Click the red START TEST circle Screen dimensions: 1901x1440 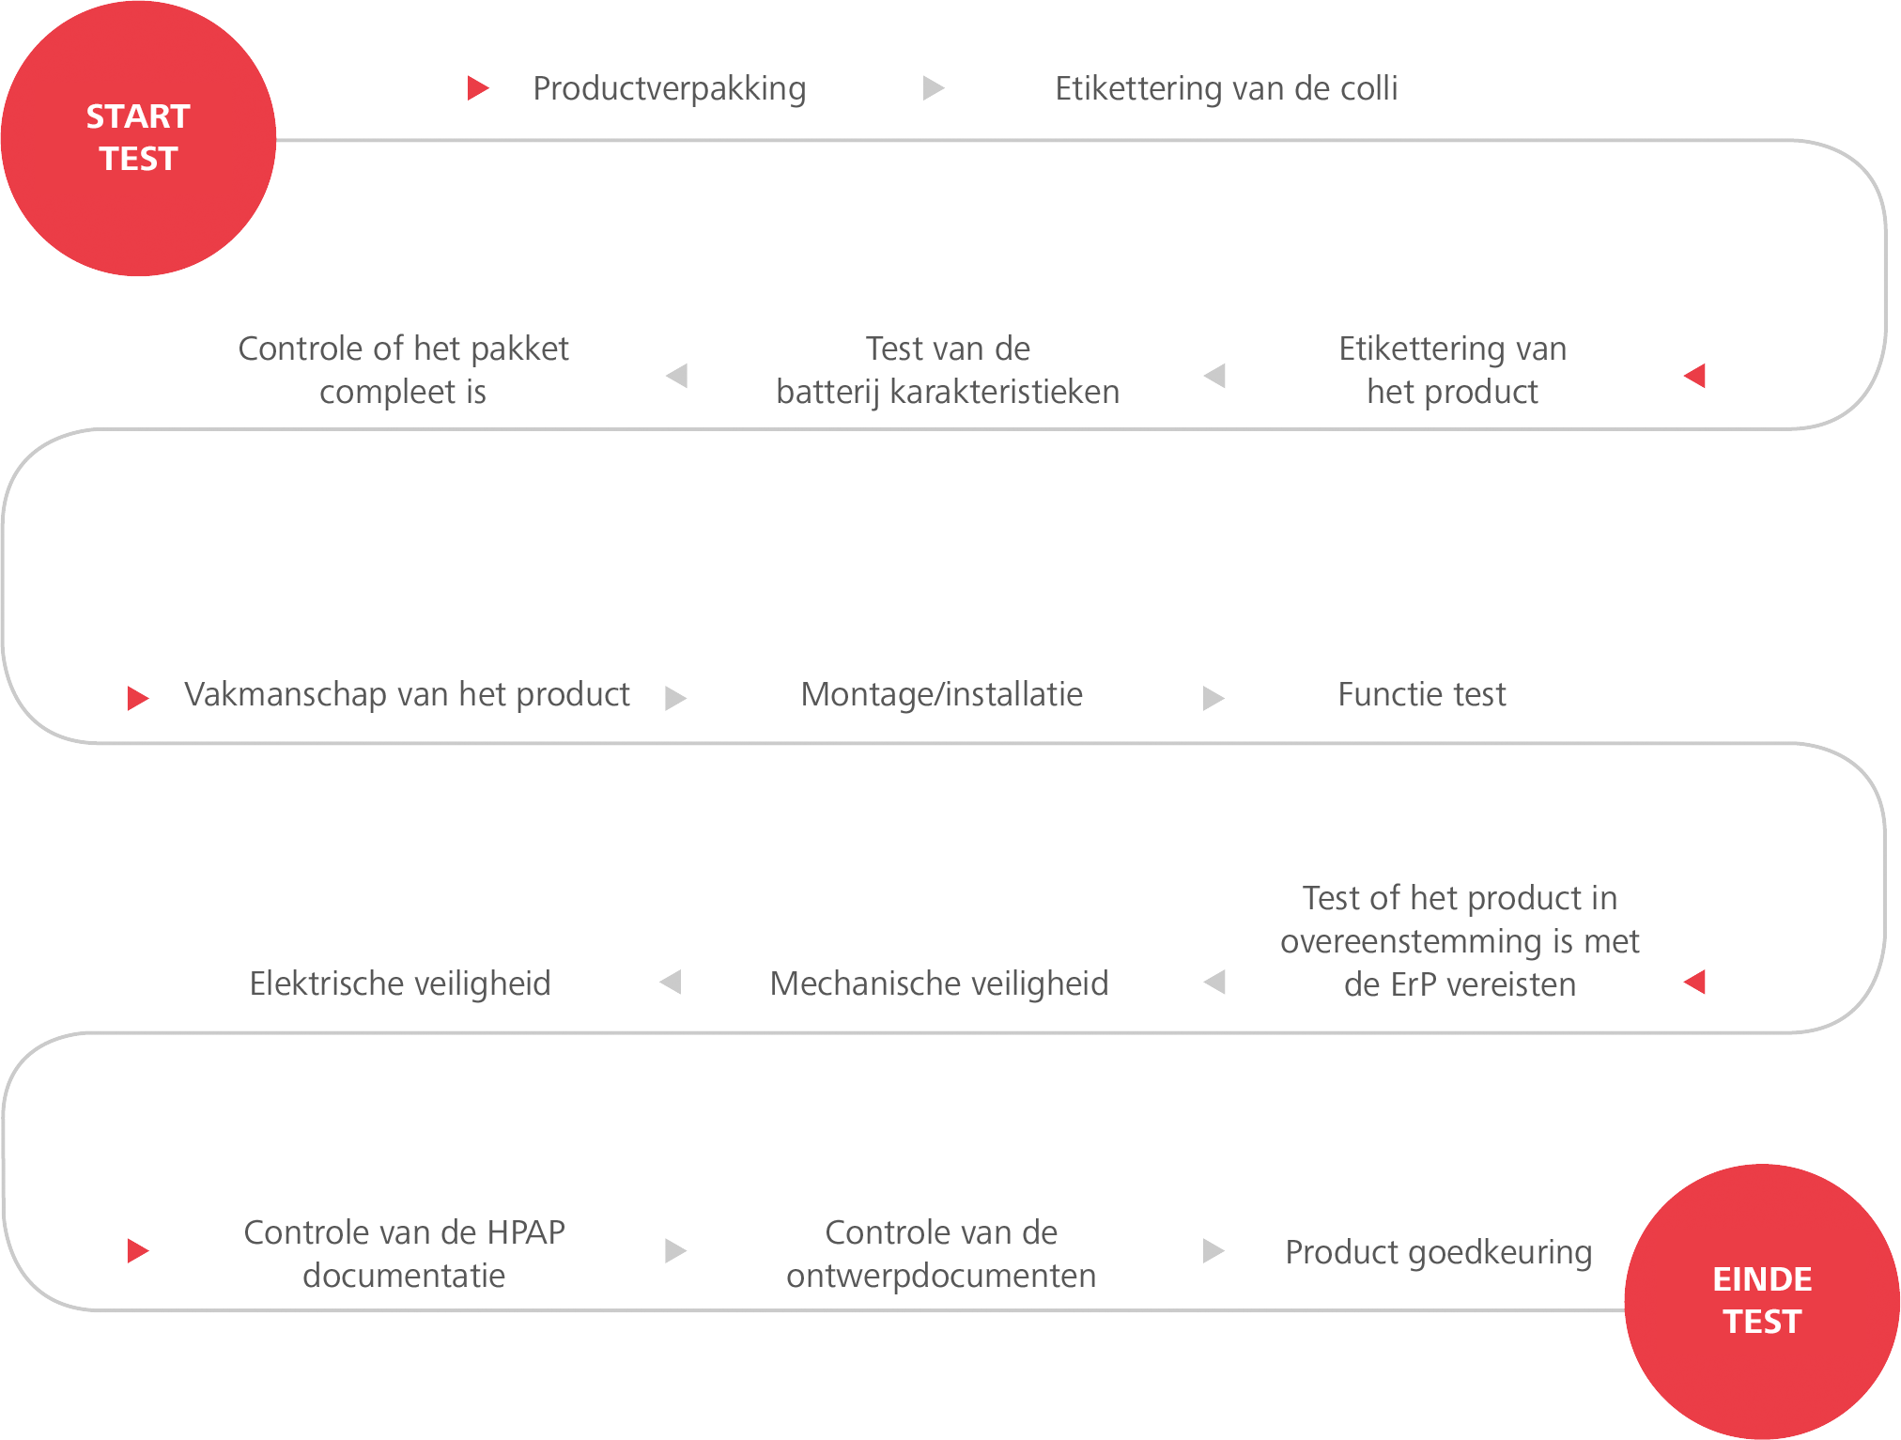pos(138,138)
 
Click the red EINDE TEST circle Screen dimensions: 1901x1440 pos(1762,1301)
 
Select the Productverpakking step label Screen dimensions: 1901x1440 pos(670,89)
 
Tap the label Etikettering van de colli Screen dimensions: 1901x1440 pos(1227,88)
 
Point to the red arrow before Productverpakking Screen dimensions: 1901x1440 pos(479,88)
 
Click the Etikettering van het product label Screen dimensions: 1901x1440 pos(1453,370)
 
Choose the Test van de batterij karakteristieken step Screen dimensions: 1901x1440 pos(948,370)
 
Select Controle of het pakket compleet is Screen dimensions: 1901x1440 pos(404,370)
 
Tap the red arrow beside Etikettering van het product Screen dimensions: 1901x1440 pos(1694,376)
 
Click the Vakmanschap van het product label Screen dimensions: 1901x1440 pos(407,694)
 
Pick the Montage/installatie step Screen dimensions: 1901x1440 pos(942,694)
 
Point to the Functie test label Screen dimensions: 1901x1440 pos(1422,694)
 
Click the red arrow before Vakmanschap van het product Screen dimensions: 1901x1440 pos(138,698)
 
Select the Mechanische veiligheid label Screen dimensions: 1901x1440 pos(939,983)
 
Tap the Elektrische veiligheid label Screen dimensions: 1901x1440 pos(400,983)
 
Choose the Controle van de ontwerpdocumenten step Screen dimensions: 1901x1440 pos(941,1254)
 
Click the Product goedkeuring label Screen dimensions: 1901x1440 pos(1439,1253)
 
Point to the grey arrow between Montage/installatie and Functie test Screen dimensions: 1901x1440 pos(1213,698)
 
